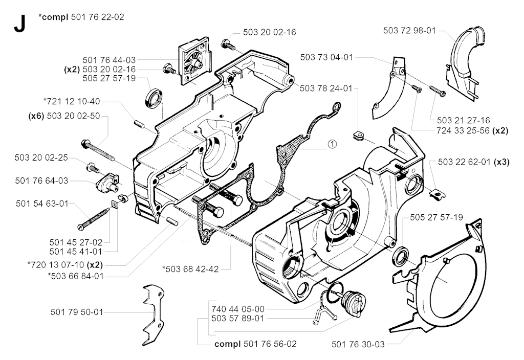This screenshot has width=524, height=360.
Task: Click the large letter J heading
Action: [19, 24]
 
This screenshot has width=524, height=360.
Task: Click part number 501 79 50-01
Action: [77, 311]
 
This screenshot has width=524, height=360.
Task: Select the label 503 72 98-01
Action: [409, 31]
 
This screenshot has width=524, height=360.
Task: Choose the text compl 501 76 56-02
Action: [255, 344]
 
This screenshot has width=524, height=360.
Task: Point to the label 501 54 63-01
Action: [41, 203]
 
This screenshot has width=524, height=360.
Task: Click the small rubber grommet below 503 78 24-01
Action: [358, 136]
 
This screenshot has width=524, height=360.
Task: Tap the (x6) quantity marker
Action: [36, 116]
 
